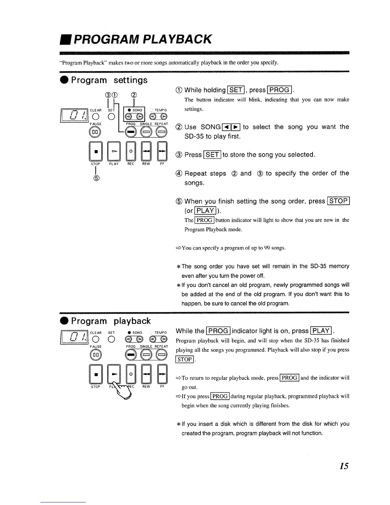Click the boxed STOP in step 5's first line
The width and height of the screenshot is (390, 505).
338,201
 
